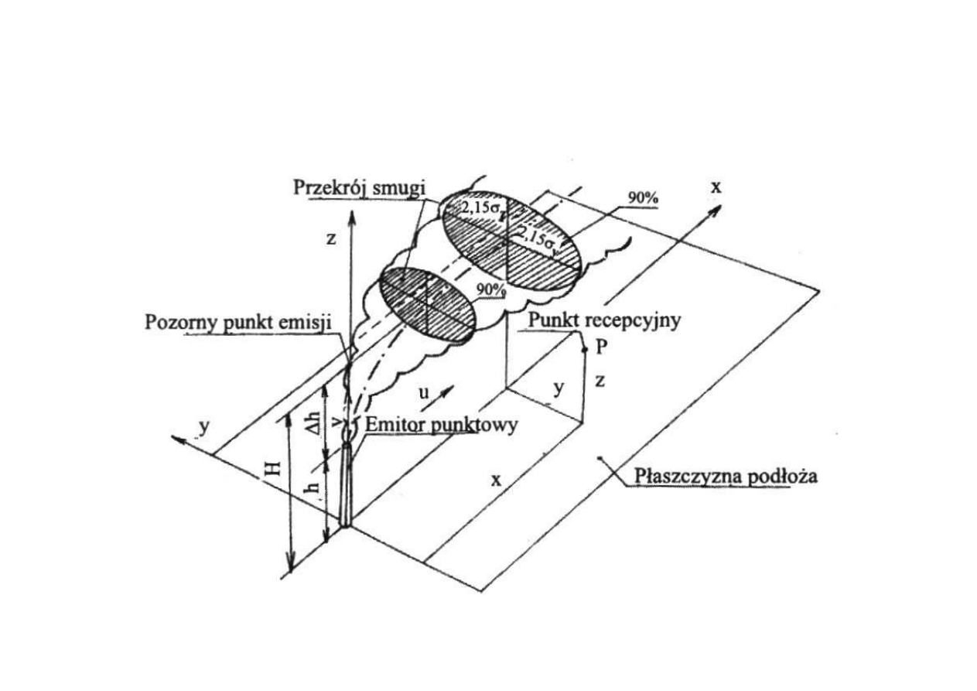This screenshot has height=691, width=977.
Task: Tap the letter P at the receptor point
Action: click(x=601, y=347)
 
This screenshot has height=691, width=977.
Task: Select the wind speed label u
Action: click(x=424, y=392)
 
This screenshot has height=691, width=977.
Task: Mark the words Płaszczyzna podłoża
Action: click(x=726, y=475)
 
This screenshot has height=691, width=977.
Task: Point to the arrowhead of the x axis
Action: click(x=719, y=208)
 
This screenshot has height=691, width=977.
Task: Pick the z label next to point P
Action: click(x=601, y=381)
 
